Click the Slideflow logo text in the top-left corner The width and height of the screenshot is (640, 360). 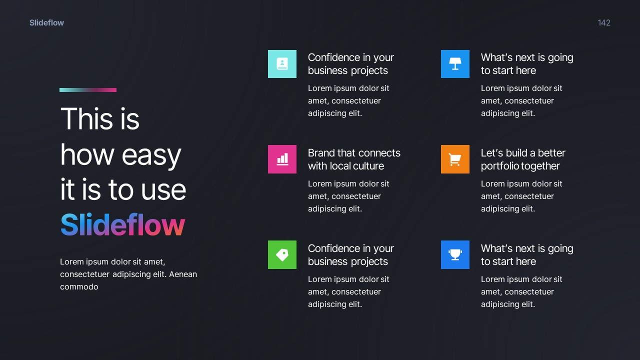(x=46, y=22)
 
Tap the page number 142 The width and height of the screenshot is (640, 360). (x=604, y=22)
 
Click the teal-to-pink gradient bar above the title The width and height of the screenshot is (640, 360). (x=88, y=90)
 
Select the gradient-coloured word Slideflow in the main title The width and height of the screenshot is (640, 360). (x=122, y=225)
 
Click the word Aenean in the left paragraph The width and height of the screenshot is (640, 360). (x=183, y=274)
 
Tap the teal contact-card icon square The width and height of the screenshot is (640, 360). (x=282, y=64)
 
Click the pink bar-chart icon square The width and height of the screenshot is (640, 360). (x=282, y=159)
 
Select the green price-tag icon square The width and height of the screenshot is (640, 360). (x=282, y=254)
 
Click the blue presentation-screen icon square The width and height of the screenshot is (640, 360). (x=455, y=64)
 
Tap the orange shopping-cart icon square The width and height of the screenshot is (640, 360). (x=455, y=159)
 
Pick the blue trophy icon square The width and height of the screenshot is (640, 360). (x=455, y=254)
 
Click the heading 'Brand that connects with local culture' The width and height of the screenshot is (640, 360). (x=354, y=159)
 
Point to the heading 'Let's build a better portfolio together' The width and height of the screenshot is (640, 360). (x=523, y=159)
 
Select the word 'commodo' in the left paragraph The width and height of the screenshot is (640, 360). (x=79, y=287)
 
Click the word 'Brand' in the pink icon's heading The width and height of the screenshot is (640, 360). (x=321, y=153)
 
